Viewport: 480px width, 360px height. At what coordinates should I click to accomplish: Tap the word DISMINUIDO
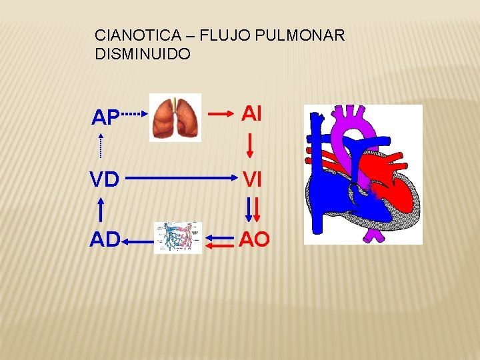click(143, 53)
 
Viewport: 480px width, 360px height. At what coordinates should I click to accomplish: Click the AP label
click(105, 118)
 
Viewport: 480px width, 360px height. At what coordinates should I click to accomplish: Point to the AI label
click(252, 114)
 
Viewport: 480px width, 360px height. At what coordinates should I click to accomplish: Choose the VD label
click(105, 179)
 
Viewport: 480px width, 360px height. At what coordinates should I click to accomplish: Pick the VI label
click(252, 179)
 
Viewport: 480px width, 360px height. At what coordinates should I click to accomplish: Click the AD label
click(105, 239)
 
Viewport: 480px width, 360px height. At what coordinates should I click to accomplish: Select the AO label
click(254, 239)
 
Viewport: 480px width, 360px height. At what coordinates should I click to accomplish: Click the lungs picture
click(175, 117)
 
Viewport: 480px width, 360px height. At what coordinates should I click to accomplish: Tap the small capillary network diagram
click(178, 238)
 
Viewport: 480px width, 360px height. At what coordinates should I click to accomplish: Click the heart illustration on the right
click(363, 174)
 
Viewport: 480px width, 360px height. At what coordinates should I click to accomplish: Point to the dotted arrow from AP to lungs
click(135, 114)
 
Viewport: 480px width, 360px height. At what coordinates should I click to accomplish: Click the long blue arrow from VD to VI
click(180, 179)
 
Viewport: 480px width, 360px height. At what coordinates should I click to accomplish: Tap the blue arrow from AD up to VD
click(101, 209)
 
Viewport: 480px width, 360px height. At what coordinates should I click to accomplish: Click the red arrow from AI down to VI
click(251, 145)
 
